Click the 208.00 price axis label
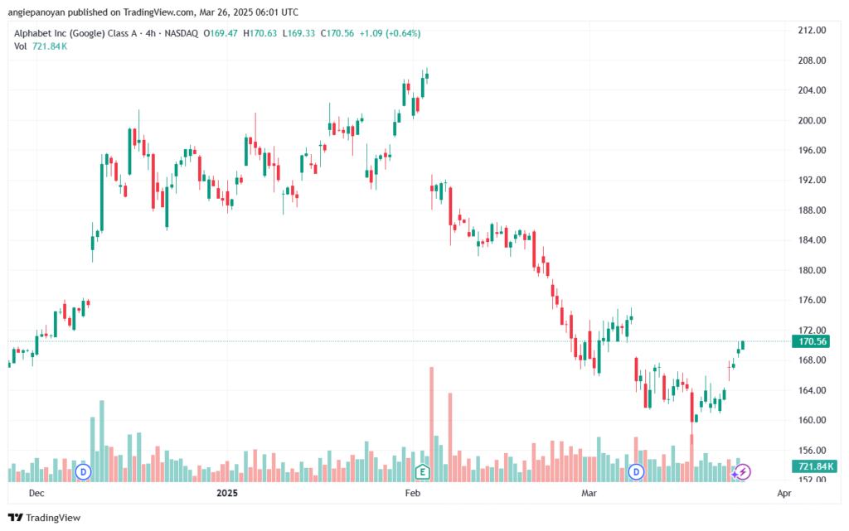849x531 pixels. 812,60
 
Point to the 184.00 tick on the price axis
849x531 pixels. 812,240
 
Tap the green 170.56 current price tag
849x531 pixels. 811,341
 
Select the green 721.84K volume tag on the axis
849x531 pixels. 814,466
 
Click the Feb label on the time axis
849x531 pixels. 413,493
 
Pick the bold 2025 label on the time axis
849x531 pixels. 227,493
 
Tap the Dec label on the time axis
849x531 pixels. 36,493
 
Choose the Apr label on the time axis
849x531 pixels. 784,493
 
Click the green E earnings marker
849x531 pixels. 422,472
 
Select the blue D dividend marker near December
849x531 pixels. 83,472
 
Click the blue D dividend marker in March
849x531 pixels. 636,472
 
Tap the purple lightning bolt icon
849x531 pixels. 742,472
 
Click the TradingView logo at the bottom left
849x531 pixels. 45,518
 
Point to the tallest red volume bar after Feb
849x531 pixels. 431,424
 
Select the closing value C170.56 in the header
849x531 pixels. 337,33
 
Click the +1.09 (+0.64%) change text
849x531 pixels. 390,33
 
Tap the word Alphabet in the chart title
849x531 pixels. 33,33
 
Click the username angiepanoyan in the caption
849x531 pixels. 36,12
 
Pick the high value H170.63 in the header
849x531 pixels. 260,33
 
